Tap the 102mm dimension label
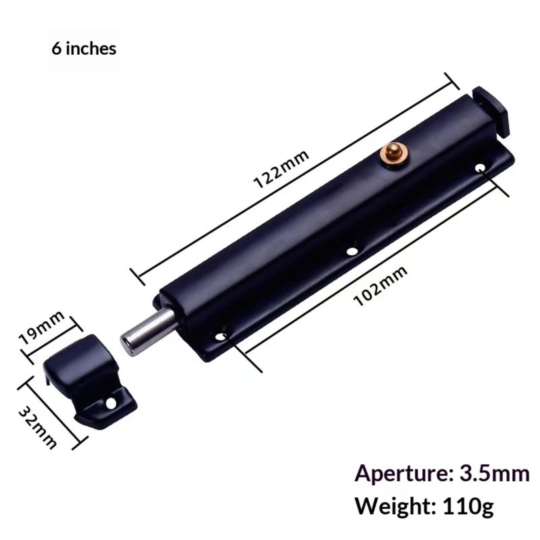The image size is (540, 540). point(380,286)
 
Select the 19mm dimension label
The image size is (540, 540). point(42,327)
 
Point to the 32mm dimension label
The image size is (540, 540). point(37,427)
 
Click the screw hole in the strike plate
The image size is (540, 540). point(110,403)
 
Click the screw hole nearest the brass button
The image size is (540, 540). point(480,167)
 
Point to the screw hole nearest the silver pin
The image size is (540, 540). point(221,337)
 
